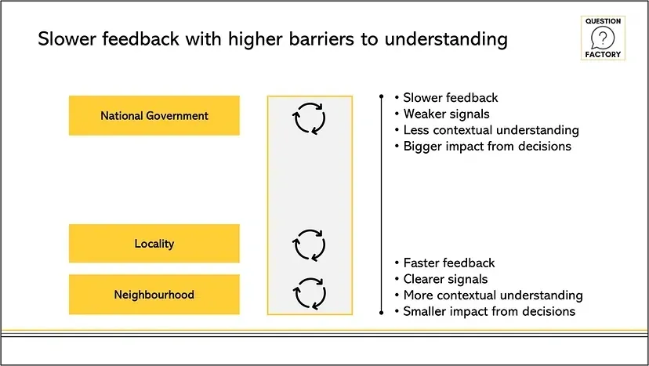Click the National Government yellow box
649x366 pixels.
(x=154, y=116)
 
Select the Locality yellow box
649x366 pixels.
(x=154, y=244)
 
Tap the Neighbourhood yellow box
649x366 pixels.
(x=154, y=295)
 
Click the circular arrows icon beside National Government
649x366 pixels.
(x=309, y=118)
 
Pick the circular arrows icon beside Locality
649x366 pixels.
(x=309, y=245)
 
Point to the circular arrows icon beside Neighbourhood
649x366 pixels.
(x=309, y=292)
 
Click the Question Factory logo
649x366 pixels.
(x=602, y=38)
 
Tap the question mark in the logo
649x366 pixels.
(x=602, y=38)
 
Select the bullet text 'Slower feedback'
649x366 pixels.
(x=451, y=98)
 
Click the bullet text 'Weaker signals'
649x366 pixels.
(x=446, y=114)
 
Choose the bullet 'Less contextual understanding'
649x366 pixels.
(x=491, y=130)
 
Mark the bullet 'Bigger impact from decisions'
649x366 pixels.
(x=487, y=147)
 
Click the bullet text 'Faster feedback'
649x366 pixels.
(x=449, y=263)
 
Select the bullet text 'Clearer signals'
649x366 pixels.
(x=445, y=279)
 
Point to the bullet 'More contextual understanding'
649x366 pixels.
(x=492, y=295)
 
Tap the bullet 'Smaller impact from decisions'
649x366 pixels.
(x=489, y=311)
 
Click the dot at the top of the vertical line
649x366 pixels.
(x=380, y=97)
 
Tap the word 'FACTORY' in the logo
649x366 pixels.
(x=602, y=56)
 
